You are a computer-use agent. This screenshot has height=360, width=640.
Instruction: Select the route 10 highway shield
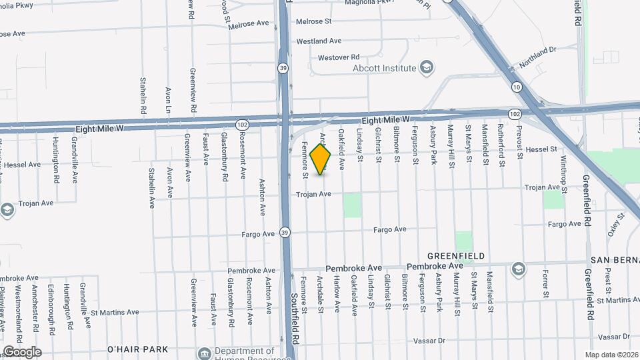[x=517, y=87]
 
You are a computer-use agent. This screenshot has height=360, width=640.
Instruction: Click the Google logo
[x=21, y=352]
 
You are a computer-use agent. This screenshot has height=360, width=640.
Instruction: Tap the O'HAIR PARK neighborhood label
[x=139, y=349]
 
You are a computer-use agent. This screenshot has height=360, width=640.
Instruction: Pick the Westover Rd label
[x=339, y=57]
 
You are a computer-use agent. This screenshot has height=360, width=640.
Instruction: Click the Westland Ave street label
[x=319, y=41]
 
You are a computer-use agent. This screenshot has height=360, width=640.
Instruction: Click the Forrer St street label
[x=545, y=284]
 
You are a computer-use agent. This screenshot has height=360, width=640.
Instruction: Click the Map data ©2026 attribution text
[x=611, y=354]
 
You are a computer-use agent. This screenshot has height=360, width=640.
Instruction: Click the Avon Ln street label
[x=168, y=99]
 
